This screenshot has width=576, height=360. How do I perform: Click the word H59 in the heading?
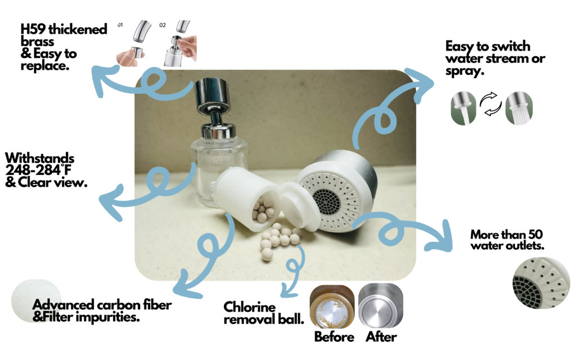coord(33,29)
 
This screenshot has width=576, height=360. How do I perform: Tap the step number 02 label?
coord(163,25)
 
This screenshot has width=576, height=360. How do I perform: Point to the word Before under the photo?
coord(334,337)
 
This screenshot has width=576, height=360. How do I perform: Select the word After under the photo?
coord(381,337)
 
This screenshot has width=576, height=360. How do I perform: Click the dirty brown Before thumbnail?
coord(332,307)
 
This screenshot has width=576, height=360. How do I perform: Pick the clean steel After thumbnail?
coord(381,305)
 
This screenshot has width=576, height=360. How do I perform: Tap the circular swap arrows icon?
coord(490,104)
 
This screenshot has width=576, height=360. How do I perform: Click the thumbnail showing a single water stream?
coord(463,109)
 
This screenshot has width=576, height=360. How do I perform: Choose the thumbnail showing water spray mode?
coord(519,109)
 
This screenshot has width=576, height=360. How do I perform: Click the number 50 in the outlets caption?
coord(535,235)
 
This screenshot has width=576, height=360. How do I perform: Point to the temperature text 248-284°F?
coord(38,170)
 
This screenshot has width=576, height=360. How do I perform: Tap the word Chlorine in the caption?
coord(249,307)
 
